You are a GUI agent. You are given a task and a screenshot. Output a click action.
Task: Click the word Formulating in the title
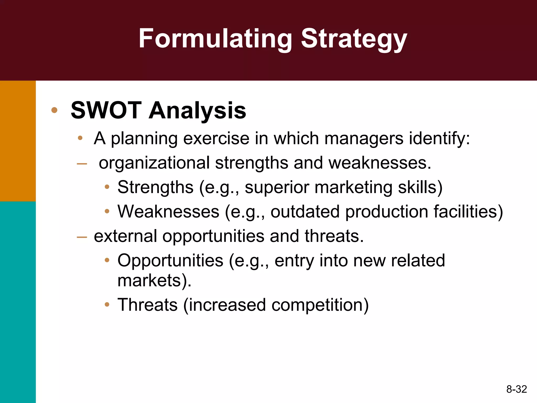[215, 39]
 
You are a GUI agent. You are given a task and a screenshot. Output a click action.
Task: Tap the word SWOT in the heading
[106, 110]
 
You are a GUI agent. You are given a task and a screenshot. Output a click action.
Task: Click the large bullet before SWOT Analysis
[54, 110]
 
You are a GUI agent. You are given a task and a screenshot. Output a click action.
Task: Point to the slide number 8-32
[516, 389]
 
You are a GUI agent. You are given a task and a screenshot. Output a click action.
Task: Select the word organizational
[154, 163]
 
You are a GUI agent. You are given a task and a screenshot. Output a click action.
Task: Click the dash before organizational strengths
[82, 164]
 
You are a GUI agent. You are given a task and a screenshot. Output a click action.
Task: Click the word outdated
[305, 212]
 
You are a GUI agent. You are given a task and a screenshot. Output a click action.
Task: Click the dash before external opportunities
[82, 237]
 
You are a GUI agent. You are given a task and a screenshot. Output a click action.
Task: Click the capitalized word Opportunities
[170, 261]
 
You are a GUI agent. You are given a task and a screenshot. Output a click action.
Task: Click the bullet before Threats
[107, 305]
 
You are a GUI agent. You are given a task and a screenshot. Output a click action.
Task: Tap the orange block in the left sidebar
[18, 141]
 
